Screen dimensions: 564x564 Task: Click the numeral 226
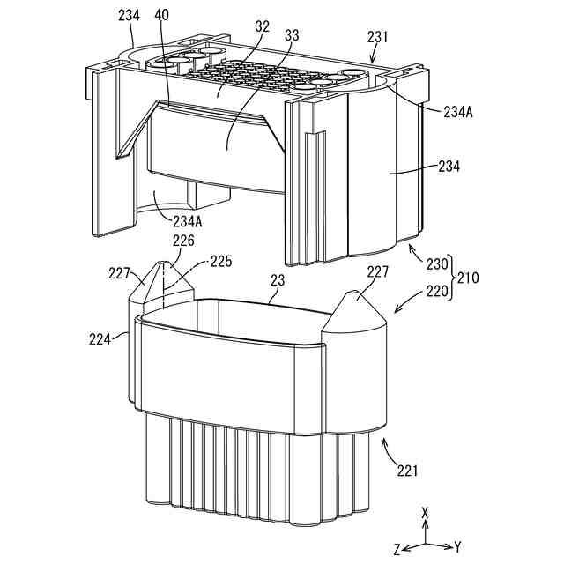[x=185, y=241]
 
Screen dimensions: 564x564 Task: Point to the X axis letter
[x=425, y=511]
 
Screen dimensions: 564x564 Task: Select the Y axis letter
[x=458, y=547]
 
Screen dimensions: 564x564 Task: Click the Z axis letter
[x=398, y=548]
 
